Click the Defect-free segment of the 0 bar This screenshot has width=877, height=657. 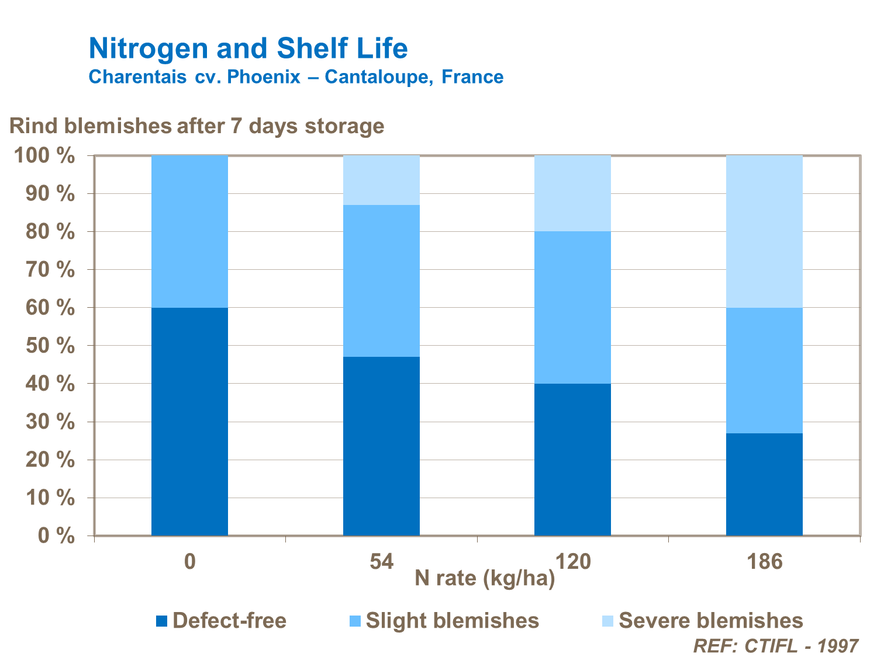(189, 421)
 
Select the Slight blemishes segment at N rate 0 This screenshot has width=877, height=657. (189, 231)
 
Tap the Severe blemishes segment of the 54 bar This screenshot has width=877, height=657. (381, 180)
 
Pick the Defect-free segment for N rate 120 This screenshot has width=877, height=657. (572, 459)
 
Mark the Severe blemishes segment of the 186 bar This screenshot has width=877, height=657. (764, 231)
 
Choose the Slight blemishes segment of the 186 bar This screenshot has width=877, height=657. (764, 370)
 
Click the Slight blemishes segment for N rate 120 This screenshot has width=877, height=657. (572, 307)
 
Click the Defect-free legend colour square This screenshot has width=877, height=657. (162, 621)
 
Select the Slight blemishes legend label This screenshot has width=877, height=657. (452, 620)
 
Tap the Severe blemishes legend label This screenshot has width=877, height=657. (710, 620)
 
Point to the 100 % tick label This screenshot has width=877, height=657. (44, 156)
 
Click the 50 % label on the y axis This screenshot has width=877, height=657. (50, 346)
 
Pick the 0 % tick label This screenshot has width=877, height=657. (56, 536)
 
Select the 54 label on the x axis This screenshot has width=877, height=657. (381, 562)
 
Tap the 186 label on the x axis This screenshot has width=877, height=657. (764, 562)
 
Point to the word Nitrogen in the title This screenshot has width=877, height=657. (149, 48)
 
